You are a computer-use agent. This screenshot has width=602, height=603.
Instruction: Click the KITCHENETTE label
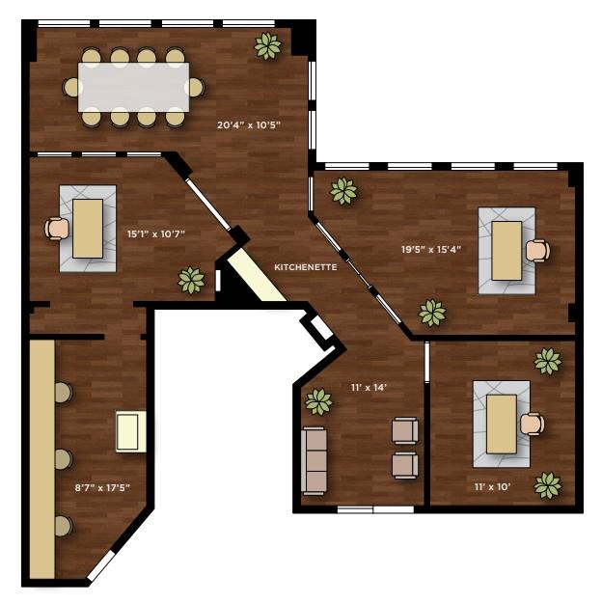tap(306, 267)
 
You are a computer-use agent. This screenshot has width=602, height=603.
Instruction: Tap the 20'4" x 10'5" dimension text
tap(248, 124)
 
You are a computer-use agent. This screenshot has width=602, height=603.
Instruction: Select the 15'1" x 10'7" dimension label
tap(155, 233)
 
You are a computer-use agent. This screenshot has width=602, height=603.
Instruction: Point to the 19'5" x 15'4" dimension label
tap(432, 249)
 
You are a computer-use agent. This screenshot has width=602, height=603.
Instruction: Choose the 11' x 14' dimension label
tap(369, 387)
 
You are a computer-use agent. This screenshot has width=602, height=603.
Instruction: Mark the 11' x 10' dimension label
tap(492, 486)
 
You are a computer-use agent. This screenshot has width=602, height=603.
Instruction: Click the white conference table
tap(133, 87)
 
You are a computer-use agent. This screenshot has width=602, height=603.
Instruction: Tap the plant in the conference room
tap(267, 44)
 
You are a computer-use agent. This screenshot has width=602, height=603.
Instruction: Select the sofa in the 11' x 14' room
tap(315, 460)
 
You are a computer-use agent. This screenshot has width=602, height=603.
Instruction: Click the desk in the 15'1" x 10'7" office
tap(88, 228)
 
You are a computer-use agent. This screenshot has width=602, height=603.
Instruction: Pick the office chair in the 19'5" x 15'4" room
tap(537, 251)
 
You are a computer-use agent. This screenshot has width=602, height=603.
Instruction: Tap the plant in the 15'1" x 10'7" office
tap(191, 280)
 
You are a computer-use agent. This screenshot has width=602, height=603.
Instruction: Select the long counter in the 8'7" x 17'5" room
tap(41, 458)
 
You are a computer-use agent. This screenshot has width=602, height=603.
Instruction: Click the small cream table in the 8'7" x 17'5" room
tap(130, 431)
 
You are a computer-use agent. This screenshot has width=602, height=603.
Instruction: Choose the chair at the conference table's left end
tap(70, 88)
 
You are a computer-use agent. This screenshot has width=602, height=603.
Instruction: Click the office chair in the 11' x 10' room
tap(532, 424)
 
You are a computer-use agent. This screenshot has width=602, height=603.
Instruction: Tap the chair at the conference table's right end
tap(197, 88)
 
